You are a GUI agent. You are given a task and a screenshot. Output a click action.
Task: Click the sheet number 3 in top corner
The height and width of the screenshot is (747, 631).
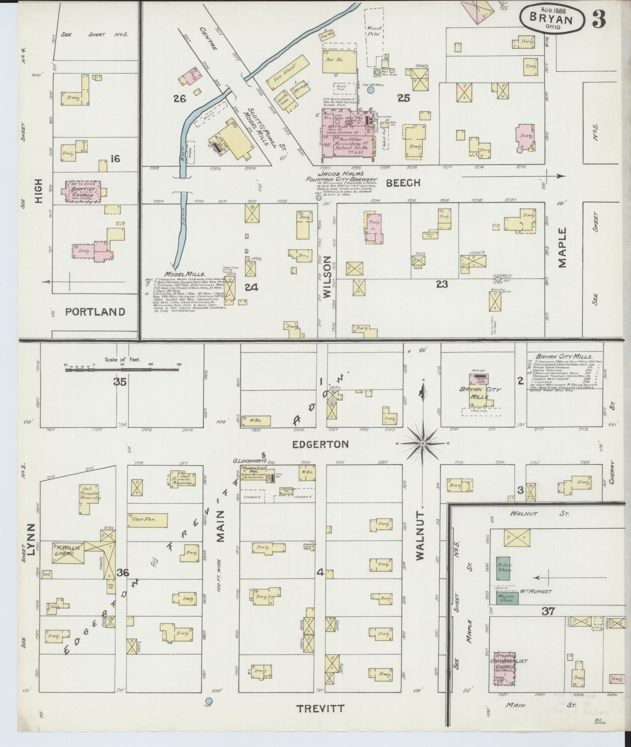[598, 18]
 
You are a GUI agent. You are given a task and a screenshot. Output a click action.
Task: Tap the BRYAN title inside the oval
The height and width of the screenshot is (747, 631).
[552, 19]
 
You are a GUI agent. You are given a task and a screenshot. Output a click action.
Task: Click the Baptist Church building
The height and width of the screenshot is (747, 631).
[82, 191]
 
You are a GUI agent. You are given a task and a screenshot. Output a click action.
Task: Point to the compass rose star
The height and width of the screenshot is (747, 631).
[423, 443]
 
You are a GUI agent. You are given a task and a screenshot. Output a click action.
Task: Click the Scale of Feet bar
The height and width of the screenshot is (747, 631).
[122, 370]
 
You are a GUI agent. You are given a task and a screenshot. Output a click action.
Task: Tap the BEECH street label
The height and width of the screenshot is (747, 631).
[403, 183]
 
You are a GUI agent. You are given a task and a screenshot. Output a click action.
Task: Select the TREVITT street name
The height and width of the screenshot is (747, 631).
[320, 709]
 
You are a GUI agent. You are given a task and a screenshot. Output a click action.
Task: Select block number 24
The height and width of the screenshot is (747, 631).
[251, 287]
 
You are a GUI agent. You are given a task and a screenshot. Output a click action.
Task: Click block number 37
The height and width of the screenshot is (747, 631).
[548, 612]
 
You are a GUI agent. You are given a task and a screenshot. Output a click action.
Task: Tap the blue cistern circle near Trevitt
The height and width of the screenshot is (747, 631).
[209, 701]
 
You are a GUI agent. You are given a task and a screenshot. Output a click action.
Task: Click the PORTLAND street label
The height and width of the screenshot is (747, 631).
[95, 312]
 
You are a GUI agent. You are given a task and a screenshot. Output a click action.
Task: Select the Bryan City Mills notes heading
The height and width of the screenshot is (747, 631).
[564, 356]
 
